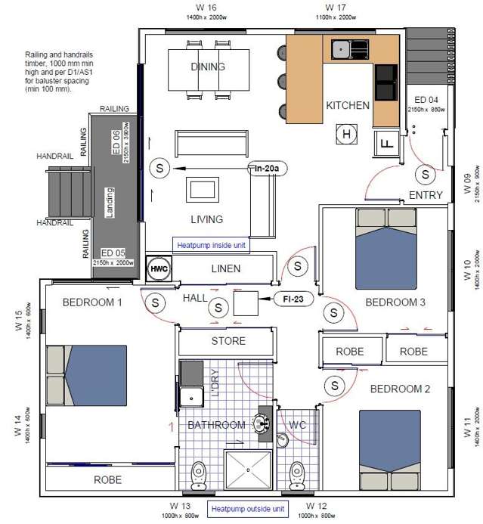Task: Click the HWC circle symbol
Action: [x=159, y=268]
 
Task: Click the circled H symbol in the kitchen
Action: [x=347, y=135]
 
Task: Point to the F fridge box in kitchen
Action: [x=386, y=142]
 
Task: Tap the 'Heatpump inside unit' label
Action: [x=211, y=245]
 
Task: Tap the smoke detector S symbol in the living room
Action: [x=159, y=169]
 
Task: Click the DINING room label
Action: [x=207, y=67]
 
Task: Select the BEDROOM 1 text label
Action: [x=92, y=302]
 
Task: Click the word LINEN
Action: [x=226, y=268]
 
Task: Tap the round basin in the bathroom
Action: [x=264, y=423]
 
